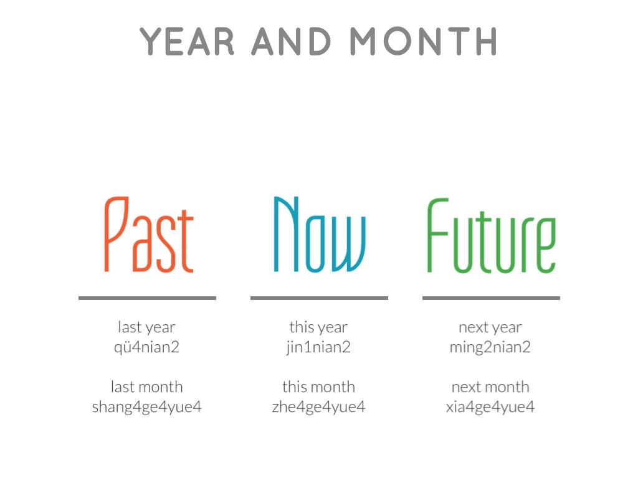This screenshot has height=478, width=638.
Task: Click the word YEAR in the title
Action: (187, 41)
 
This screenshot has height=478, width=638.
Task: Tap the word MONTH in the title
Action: (424, 41)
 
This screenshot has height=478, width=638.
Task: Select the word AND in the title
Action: (292, 41)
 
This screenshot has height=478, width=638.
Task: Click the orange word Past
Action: (148, 235)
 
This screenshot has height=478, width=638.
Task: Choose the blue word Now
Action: (320, 235)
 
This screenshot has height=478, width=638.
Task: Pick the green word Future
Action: (492, 235)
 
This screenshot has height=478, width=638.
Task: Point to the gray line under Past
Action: (147, 298)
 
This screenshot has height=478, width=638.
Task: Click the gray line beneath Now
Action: (320, 298)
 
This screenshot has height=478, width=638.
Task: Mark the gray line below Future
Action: (491, 298)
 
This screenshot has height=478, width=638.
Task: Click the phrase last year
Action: (146, 327)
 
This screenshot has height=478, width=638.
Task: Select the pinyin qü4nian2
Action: (146, 347)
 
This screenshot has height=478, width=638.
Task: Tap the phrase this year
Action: (318, 327)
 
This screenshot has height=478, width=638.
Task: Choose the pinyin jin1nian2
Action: (318, 347)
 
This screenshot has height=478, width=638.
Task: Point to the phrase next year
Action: (490, 327)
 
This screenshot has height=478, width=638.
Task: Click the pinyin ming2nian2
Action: (490, 347)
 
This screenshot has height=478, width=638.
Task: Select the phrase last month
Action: (147, 387)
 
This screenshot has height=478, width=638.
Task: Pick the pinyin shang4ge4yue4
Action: (147, 407)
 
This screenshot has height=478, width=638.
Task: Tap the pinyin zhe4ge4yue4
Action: (318, 407)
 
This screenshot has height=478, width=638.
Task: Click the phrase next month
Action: (490, 387)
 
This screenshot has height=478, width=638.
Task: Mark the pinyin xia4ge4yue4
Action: (490, 407)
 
